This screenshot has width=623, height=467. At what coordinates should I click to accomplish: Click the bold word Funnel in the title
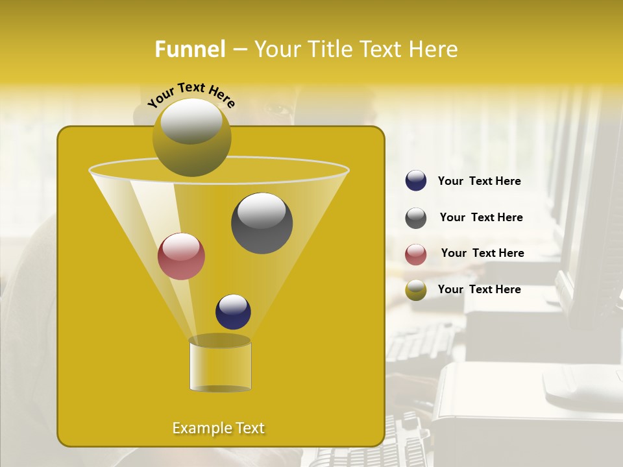(x=190, y=49)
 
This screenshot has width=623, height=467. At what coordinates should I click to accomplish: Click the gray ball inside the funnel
(x=262, y=223)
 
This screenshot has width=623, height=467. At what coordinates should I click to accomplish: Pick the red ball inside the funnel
(x=181, y=256)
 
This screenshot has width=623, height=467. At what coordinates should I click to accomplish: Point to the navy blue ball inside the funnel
(x=233, y=311)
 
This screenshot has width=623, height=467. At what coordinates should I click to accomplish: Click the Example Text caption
(x=218, y=428)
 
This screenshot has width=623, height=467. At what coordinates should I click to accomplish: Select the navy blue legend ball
(x=415, y=181)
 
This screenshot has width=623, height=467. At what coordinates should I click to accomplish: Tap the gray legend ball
(x=415, y=217)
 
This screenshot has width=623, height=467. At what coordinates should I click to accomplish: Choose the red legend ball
(x=415, y=254)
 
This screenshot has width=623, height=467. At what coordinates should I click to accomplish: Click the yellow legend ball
(x=415, y=290)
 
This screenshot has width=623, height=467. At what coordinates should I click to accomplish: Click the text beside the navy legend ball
(x=479, y=182)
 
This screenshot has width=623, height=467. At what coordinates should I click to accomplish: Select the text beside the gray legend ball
(x=481, y=217)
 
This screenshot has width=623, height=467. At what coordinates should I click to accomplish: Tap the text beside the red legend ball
(x=482, y=253)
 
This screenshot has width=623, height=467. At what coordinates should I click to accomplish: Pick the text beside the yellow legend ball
(x=479, y=289)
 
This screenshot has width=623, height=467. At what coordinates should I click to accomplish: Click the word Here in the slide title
(x=435, y=49)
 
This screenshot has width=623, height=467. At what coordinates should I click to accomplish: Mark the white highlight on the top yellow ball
(x=191, y=121)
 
